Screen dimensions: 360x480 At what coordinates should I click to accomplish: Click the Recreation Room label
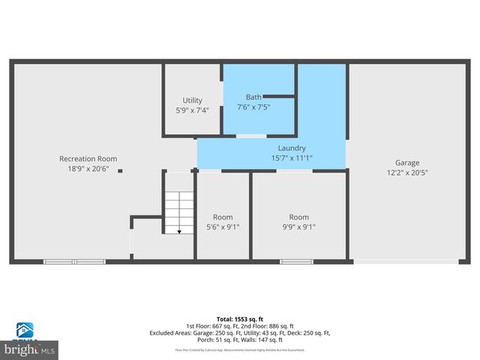click(x=88, y=158)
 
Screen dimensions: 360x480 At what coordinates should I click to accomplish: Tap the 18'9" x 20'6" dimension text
click(x=88, y=169)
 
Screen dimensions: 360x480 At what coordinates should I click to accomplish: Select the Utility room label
click(x=192, y=100)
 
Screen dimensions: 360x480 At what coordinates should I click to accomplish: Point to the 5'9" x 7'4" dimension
click(x=192, y=110)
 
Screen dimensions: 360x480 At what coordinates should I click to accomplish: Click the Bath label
click(x=253, y=97)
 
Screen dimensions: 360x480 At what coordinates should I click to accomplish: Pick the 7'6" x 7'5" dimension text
click(x=253, y=107)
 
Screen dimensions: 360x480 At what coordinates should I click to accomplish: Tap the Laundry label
click(x=292, y=148)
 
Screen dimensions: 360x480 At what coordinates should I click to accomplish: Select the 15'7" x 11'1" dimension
click(x=292, y=158)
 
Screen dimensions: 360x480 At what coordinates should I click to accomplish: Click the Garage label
click(x=407, y=162)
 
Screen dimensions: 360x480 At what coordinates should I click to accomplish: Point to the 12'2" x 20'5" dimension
click(x=407, y=172)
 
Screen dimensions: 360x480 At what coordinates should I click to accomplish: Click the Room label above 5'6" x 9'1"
click(x=223, y=217)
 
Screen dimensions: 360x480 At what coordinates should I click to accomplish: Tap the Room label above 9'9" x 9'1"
click(x=298, y=217)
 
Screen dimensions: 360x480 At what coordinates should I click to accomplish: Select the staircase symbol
click(x=179, y=211)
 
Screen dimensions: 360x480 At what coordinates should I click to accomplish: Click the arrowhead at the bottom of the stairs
click(x=179, y=231)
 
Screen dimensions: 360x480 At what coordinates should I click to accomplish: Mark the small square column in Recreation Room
click(x=120, y=171)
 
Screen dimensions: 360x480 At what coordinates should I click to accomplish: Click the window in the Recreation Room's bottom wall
click(x=74, y=261)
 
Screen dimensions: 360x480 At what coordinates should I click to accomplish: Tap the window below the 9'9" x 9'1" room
click(x=296, y=261)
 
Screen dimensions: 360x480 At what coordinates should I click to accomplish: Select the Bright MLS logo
click(x=30, y=349)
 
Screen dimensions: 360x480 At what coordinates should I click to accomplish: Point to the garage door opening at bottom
click(x=406, y=261)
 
